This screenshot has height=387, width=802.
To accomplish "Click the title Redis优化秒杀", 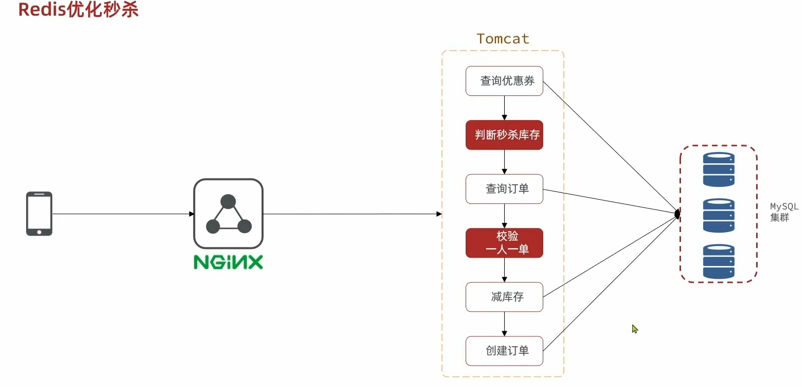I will (78, 10).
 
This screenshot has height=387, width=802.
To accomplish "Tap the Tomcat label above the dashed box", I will (503, 39).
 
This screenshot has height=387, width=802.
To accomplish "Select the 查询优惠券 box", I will (504, 81).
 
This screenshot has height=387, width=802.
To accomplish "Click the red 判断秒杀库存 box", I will (504, 135).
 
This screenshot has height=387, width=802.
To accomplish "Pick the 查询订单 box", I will (504, 189).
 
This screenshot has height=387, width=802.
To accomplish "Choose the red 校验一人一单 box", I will (504, 243).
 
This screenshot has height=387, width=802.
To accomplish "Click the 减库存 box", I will (504, 297).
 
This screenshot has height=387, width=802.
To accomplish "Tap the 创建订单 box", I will (504, 351).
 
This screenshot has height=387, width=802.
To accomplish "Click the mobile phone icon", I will (39, 214).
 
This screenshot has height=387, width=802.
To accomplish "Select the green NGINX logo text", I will (228, 262).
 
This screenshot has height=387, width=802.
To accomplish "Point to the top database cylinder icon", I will (718, 169).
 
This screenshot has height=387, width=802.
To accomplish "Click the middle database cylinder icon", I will (718, 215).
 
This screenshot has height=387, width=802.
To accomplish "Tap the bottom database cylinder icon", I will (718, 261).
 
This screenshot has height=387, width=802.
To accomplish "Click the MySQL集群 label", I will (783, 212).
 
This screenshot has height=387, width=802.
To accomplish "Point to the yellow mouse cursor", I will (634, 329).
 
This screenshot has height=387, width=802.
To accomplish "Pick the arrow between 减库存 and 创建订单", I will (504, 324).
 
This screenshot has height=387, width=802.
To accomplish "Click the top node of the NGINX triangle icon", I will (228, 201).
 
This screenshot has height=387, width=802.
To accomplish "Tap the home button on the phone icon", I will (39, 232).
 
